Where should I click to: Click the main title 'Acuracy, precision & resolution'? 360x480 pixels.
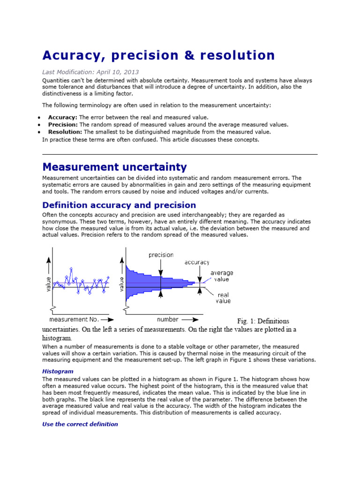click(x=158, y=55)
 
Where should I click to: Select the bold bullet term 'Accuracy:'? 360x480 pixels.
click(x=62, y=117)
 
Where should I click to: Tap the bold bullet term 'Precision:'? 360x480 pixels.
click(x=63, y=124)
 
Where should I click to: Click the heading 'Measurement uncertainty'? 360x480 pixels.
click(x=114, y=167)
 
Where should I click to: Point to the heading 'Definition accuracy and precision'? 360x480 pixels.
click(x=119, y=205)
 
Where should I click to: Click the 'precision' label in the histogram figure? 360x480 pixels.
click(x=161, y=255)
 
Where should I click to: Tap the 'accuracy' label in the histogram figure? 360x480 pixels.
click(x=197, y=262)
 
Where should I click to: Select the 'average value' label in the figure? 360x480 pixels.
click(x=222, y=276)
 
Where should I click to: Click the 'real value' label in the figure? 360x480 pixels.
click(x=223, y=298)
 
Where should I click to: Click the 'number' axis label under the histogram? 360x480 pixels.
click(x=167, y=319)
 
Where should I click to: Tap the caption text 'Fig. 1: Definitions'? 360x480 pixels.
click(x=263, y=321)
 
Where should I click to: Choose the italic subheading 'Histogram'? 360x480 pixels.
click(x=58, y=371)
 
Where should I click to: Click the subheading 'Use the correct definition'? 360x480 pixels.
click(x=80, y=424)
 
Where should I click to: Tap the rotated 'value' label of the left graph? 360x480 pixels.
click(x=48, y=284)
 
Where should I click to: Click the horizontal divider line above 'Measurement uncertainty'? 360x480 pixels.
click(x=180, y=154)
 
